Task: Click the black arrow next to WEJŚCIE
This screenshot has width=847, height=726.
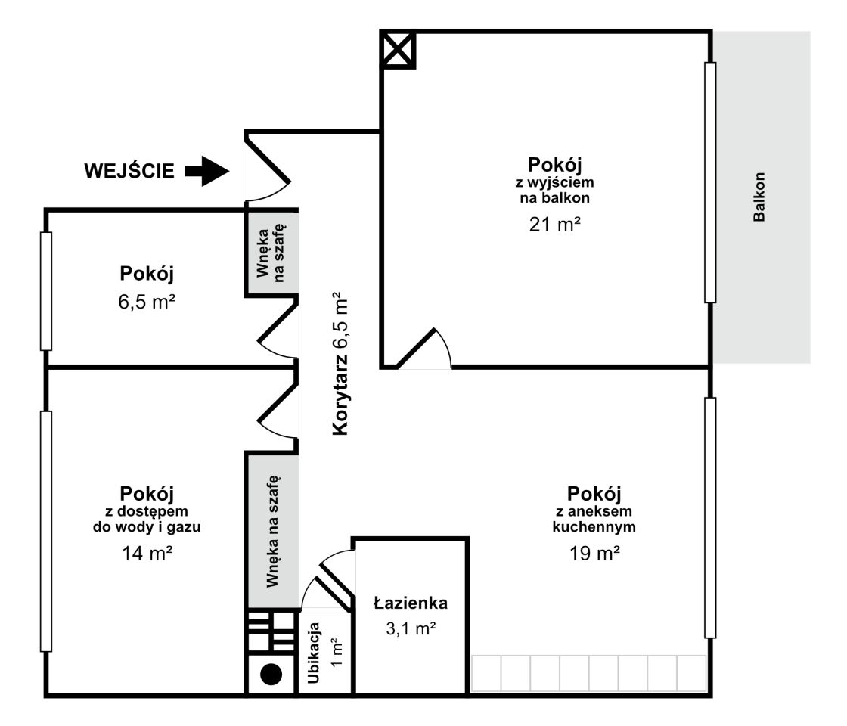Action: coord(207,171)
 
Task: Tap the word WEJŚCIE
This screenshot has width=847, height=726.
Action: coord(129,171)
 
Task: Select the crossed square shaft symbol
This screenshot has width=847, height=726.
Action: coord(398,50)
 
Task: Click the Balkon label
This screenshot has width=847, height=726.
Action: coord(759,197)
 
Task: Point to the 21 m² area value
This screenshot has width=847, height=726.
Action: coord(555,224)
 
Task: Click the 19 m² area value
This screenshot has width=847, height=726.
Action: coord(594,553)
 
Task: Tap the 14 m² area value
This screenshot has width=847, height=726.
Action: coord(147,553)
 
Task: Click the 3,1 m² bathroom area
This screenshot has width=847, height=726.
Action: coord(411,628)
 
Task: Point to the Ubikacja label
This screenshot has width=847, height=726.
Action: coord(314,653)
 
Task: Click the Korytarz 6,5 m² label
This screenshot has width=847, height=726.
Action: coord(340,364)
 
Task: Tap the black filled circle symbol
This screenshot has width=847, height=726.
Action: coord(271,674)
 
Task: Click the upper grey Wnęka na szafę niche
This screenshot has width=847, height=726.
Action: coord(271,253)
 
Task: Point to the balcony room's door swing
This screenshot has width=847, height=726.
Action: coord(424,349)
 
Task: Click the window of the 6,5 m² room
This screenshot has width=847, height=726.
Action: coord(46,291)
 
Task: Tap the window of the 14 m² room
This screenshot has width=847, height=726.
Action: coord(46,532)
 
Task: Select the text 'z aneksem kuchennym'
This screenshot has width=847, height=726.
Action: coord(594,519)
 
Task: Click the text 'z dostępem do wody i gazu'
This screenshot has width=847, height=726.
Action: coord(147,519)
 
